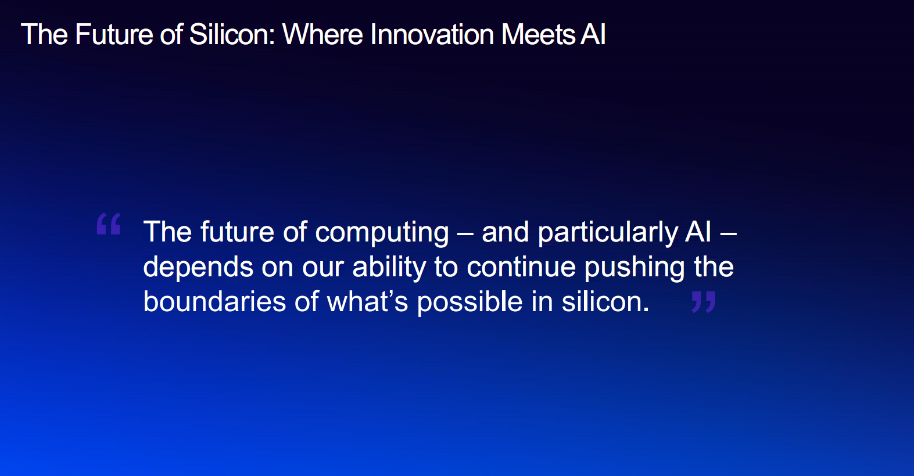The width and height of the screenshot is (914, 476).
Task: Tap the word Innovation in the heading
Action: pos(432,34)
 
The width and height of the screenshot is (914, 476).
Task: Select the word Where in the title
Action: pos(322,34)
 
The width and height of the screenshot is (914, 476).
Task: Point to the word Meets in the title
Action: pos(538,34)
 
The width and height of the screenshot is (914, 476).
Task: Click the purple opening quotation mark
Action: pos(109,223)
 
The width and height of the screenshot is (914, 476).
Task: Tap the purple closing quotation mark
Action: pos(704,302)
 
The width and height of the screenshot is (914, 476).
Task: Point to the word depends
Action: pos(198,268)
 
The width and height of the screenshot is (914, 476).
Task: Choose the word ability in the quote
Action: pos(389,268)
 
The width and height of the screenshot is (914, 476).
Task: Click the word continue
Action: pos(521,266)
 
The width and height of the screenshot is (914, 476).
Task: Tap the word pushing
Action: pos(635,268)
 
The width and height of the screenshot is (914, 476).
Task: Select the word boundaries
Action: pos(214,302)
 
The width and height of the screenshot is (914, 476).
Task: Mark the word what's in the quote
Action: pos(368,302)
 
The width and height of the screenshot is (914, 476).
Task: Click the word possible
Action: pos(469,302)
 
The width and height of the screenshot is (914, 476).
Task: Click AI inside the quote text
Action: pos(698,232)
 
